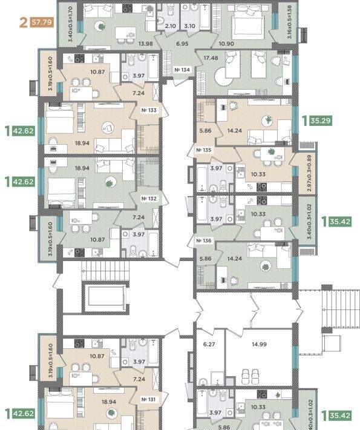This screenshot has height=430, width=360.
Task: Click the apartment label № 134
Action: coord(182,70)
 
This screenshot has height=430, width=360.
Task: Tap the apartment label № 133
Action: coord(149,110)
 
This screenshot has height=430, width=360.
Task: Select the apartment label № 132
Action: coord(149,198)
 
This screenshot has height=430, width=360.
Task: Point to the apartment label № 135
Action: coord(203,150)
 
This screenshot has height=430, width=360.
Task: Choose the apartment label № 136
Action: coord(204,240)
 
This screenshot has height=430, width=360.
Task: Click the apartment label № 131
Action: coord(148,399)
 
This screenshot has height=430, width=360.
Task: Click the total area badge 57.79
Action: coord(42,22)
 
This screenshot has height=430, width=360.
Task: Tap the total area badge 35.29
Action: coord(321,121)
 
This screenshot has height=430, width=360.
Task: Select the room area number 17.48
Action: coord(211,58)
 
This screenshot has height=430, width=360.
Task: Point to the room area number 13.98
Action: coord(145,44)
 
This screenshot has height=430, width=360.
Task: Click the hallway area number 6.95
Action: coord(182,44)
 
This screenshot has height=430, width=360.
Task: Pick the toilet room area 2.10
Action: coord(171,26)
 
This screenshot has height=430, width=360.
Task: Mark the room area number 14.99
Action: coord(259,344)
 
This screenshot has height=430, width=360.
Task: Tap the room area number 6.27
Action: coord(209,344)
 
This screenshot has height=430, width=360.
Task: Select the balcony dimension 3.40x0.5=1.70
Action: coord(70,24)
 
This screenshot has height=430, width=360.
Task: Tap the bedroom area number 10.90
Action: coord(226,44)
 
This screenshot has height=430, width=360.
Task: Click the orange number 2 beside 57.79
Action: coord(24,22)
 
